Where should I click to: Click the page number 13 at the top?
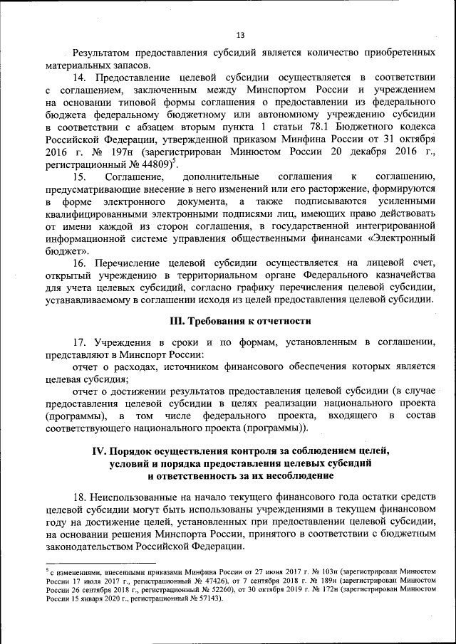coord(239,35)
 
